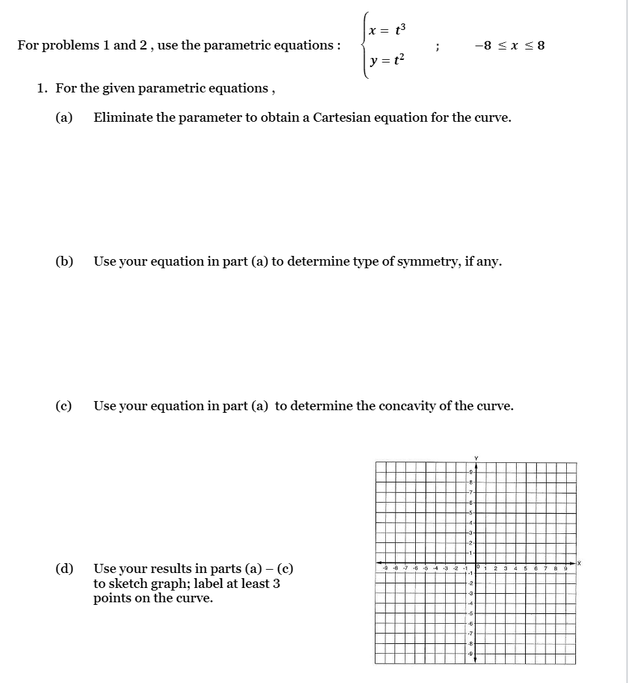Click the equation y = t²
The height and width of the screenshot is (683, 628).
(x=387, y=61)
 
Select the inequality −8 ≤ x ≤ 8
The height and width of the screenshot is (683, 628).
(x=510, y=46)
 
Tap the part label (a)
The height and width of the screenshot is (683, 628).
(x=64, y=118)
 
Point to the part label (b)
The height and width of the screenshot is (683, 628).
(x=64, y=262)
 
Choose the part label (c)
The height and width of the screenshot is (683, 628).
(x=64, y=406)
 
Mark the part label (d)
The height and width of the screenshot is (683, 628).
(x=64, y=568)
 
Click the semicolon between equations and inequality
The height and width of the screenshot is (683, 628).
(x=437, y=46)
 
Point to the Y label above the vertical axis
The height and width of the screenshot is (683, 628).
(x=475, y=457)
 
